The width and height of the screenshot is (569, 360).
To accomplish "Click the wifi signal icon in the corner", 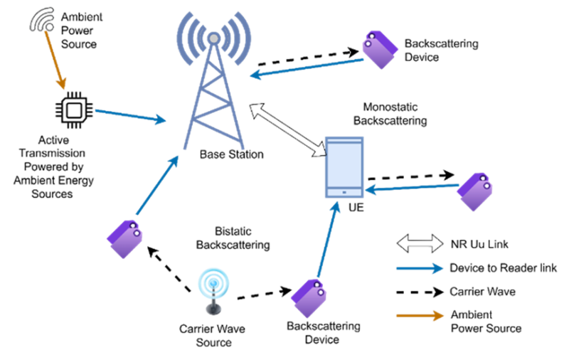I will click(x=42, y=18).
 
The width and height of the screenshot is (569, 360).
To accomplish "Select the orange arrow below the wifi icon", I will click(x=55, y=60).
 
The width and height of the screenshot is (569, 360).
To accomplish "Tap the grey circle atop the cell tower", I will click(x=213, y=38).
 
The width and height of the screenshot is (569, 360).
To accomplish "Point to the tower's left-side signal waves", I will click(x=188, y=37).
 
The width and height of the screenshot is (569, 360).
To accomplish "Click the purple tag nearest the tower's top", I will click(x=379, y=49).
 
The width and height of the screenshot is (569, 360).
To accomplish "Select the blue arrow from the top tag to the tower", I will click(x=307, y=67).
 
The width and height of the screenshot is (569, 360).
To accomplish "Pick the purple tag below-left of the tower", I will click(x=125, y=238).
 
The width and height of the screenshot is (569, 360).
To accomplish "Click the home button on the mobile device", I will click(x=344, y=192).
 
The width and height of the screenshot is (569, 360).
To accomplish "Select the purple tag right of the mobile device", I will click(x=474, y=191).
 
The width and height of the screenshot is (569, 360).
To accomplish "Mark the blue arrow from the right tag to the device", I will click(x=412, y=188).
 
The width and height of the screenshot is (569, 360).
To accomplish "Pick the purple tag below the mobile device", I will click(x=309, y=297).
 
